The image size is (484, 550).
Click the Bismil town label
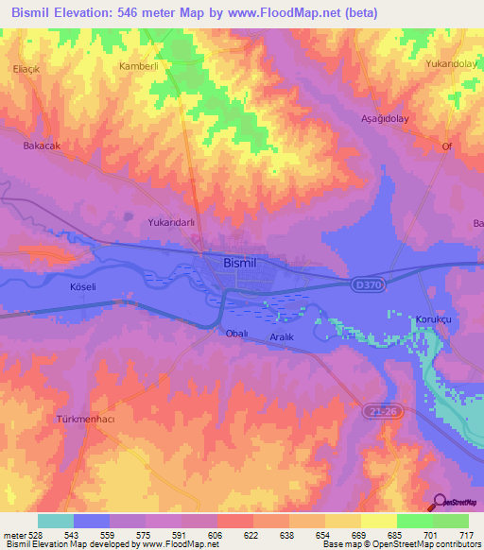(243, 264)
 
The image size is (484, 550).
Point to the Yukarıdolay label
(450, 63)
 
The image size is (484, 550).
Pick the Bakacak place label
(42, 146)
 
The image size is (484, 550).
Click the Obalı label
(236, 334)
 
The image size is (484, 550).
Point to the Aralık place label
(281, 337)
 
